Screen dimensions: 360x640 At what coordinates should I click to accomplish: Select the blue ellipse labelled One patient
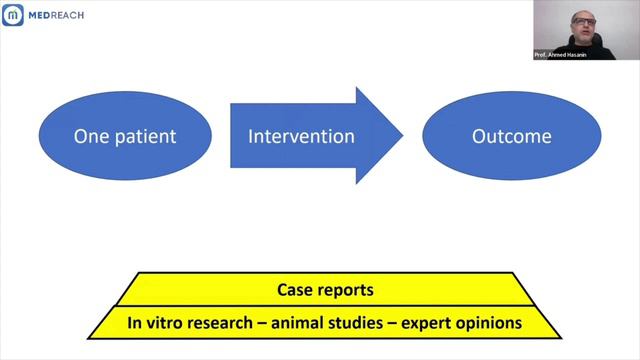[125, 136]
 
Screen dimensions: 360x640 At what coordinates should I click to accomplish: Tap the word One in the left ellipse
[90, 136]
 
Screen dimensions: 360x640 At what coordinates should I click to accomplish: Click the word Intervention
[301, 136]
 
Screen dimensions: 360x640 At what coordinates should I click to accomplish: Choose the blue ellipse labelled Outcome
[512, 136]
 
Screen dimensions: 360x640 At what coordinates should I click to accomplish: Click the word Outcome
[512, 136]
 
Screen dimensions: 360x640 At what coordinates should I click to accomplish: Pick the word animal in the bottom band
[292, 323]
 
